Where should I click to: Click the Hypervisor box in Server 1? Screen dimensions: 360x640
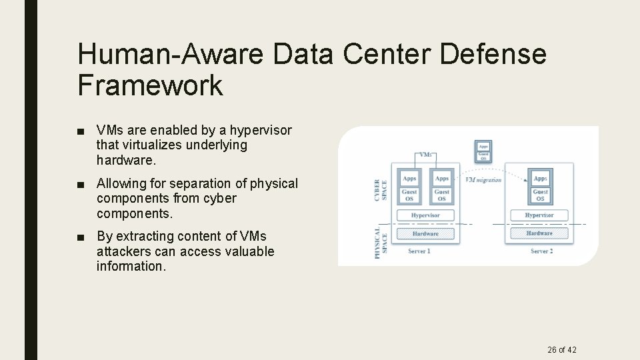click(425, 215)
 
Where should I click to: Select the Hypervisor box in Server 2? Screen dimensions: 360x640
click(539, 215)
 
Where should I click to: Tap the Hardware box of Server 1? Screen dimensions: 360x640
click(425, 233)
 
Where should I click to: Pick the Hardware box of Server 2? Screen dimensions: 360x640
click(539, 233)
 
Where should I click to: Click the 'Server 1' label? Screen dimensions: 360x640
click(419, 251)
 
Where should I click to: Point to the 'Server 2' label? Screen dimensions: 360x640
click(541, 251)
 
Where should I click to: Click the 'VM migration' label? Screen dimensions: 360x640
click(483, 180)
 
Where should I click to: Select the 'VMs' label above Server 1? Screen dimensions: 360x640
click(425, 155)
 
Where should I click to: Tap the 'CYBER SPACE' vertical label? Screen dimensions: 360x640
click(380, 189)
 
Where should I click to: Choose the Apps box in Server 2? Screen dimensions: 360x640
click(540, 178)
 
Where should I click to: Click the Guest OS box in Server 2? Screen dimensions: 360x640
click(540, 195)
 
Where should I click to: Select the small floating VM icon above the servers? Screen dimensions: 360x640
click(483, 151)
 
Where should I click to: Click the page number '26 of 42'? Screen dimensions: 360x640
click(561, 349)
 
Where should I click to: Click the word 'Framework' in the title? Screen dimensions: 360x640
click(150, 86)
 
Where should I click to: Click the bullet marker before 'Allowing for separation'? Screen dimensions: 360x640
click(81, 183)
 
